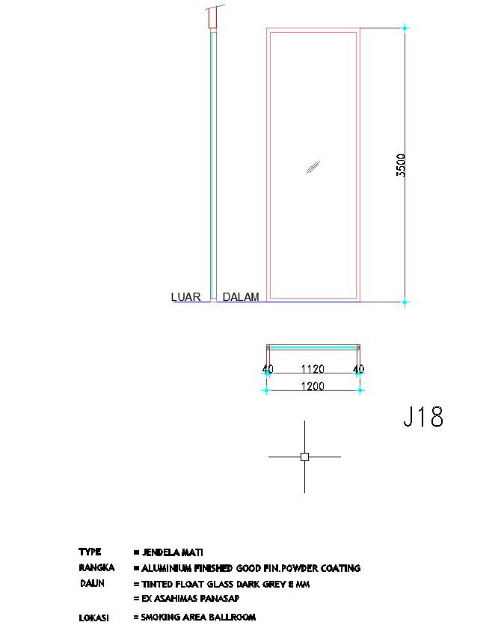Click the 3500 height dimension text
coord(402,165)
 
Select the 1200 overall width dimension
coord(313,386)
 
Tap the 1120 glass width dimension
coord(313,369)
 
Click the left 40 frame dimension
coord(268,369)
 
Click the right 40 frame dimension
coord(358,369)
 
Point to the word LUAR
coord(186,297)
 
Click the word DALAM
coord(241,297)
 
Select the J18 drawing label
coord(423,417)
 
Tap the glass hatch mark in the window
coord(313,167)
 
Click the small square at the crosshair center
coord(304,457)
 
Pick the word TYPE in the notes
coord(90,552)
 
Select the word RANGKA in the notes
coord(96,568)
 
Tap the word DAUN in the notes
coord(93,583)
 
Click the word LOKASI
coord(94,618)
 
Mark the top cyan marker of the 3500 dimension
coord(405,28)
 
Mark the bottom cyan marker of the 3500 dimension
coord(405,302)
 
